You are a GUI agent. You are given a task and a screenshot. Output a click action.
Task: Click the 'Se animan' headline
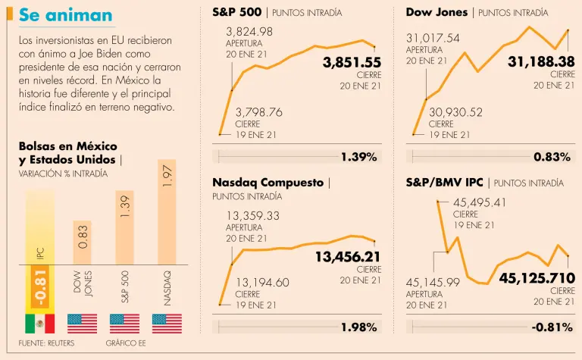(x=65, y=15)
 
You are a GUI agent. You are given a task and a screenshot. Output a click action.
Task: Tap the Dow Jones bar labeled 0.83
(x=83, y=265)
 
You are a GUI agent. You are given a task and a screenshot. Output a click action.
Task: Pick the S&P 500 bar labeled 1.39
(x=125, y=250)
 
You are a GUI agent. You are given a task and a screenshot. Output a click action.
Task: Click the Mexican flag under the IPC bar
(x=40, y=324)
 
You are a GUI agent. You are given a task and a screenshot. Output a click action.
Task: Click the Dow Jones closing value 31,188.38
(x=541, y=61)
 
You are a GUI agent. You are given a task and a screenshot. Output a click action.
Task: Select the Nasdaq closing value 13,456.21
(x=348, y=257)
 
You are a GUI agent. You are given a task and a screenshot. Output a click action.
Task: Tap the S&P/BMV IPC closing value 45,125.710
(x=537, y=278)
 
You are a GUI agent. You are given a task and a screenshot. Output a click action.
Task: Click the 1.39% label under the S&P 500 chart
(x=358, y=157)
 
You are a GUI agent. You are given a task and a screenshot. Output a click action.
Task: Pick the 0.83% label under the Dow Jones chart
(x=552, y=157)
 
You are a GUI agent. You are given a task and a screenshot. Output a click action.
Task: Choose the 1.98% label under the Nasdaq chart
(x=358, y=327)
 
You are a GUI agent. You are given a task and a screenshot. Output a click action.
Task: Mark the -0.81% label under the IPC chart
(x=551, y=327)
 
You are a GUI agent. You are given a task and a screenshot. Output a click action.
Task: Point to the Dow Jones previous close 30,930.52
(x=455, y=112)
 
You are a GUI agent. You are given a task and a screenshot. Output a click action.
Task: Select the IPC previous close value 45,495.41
(x=480, y=202)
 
